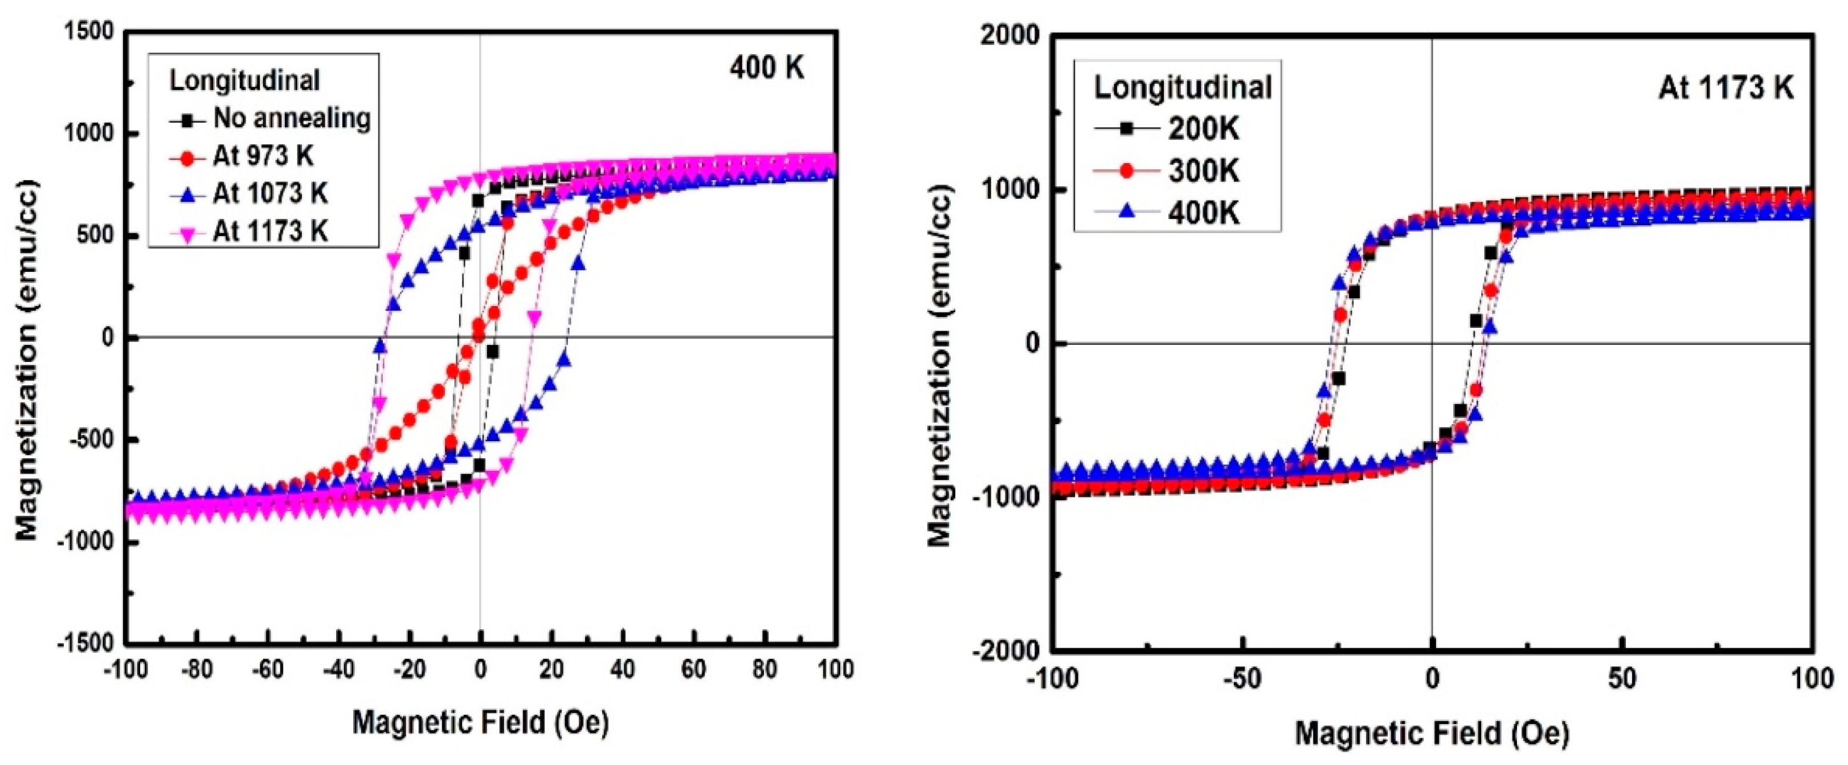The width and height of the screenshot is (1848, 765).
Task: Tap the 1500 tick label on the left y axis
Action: (89, 31)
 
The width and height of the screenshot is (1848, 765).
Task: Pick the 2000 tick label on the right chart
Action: (1009, 36)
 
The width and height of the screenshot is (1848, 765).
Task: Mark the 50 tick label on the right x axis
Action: (1622, 678)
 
